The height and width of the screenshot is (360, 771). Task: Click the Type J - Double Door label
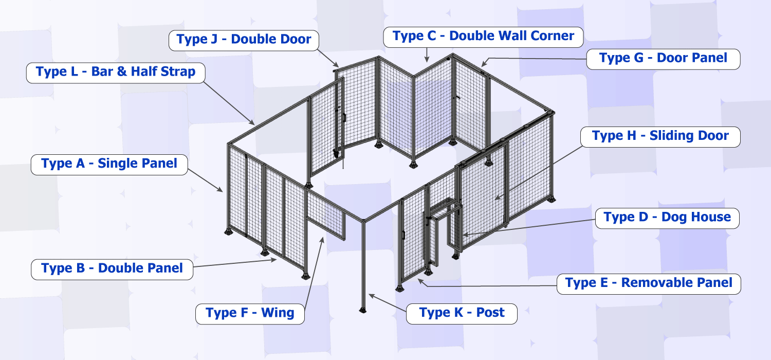[x=244, y=40]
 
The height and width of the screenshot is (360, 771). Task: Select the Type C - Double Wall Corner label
[x=483, y=37]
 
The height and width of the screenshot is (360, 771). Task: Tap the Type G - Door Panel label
[x=663, y=59]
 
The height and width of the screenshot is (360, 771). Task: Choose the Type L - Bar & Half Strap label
[x=116, y=72]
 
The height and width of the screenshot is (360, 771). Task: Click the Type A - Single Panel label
[x=109, y=165]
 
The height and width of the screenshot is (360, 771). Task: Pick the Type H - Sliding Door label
[x=660, y=137]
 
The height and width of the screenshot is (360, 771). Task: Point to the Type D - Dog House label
[x=667, y=218]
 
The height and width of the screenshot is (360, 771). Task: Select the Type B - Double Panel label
[x=112, y=269]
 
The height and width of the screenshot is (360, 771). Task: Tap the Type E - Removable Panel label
[x=649, y=283]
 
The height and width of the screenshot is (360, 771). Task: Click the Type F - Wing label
[x=250, y=313]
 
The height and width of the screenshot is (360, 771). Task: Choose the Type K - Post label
[x=462, y=313]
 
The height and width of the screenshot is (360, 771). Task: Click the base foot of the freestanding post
[x=363, y=311]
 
